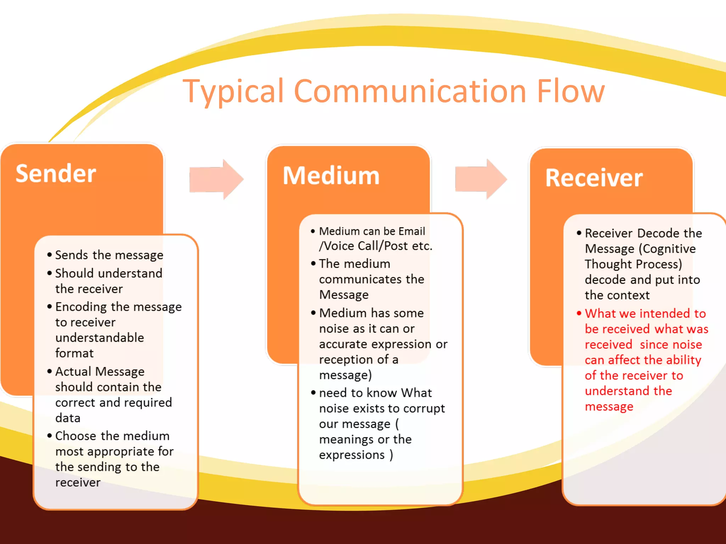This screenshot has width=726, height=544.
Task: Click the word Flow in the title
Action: point(570,91)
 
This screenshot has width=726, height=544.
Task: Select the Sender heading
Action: point(56,174)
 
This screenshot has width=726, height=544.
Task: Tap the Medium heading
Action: point(331,176)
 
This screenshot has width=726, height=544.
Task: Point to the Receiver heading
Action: point(594,178)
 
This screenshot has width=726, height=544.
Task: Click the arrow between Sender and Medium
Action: point(216,179)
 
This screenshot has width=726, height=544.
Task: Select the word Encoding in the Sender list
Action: point(81,307)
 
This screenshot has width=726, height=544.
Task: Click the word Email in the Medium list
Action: point(412,231)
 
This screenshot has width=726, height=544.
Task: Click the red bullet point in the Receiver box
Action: point(579,313)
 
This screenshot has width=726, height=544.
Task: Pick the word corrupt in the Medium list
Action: point(424,409)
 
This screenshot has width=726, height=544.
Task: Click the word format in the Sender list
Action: point(74,353)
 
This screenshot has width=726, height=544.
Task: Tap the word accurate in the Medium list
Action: point(343,344)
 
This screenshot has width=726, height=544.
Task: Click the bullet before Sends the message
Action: point(50,255)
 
